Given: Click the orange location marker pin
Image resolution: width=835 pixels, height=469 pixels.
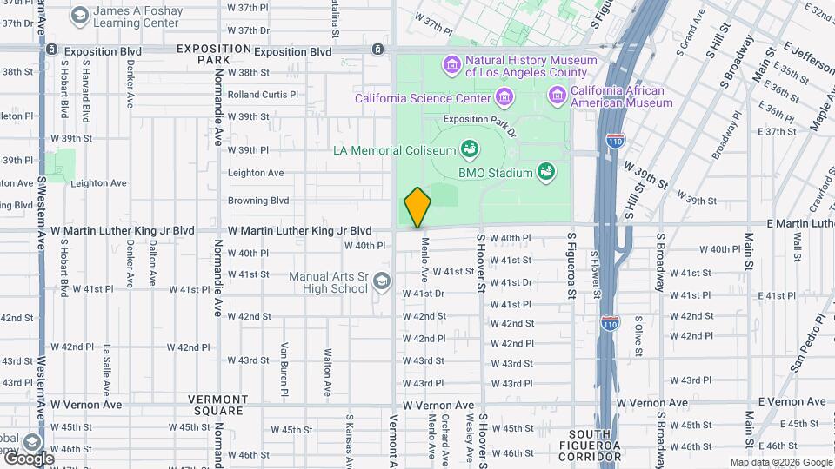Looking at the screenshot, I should pos(417,208).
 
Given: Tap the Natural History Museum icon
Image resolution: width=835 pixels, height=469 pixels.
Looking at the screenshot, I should pos(451,65).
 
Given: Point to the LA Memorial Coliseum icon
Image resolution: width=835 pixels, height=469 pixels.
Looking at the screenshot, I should pos(470,149).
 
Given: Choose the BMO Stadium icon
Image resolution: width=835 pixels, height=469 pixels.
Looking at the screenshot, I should pos(546,171).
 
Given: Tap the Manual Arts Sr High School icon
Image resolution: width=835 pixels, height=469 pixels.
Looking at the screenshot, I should pos(382,281).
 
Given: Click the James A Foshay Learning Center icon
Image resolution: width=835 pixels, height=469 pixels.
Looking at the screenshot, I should pos(79,15).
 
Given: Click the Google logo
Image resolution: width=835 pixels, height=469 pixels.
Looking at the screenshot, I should pos(28,458).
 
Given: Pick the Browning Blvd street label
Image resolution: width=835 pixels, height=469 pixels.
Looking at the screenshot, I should pos(258,201).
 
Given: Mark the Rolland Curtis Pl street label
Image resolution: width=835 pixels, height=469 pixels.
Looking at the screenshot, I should pos(263,95).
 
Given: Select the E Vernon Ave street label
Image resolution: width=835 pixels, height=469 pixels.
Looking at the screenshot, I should pos(792,401).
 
